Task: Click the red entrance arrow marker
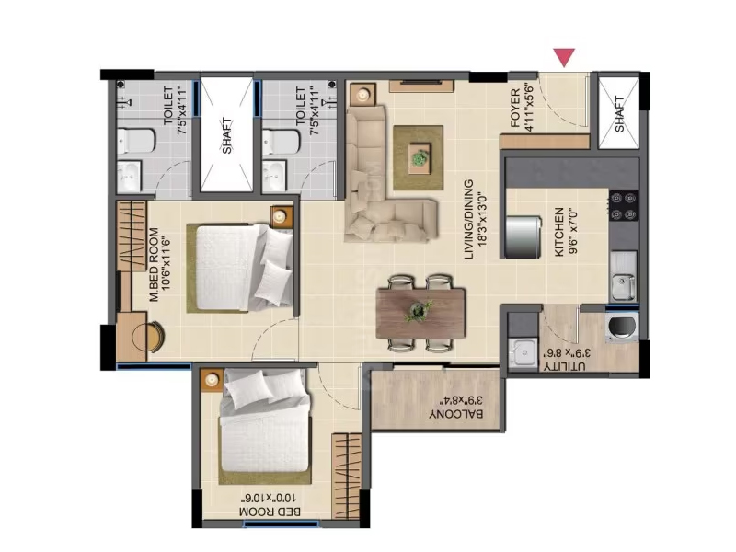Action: pos(564,57)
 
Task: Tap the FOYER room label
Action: pos(515,109)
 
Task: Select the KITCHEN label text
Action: pos(559,233)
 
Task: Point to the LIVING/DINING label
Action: pos(468,220)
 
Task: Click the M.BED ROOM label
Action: pos(154,265)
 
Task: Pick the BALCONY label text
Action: pos(455,414)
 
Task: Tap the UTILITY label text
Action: pos(565,366)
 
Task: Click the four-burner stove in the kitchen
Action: pos(624,206)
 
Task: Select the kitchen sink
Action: pos(623,284)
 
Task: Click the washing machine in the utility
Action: pos(622,327)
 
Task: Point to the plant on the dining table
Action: pos(418,311)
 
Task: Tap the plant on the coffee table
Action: pos(420,157)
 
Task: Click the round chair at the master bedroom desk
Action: pos(148,335)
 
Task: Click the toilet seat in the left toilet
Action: pos(135,142)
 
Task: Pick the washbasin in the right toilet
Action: pos(274,176)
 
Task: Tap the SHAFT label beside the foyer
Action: pos(619,114)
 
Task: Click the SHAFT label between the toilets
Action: pos(226,136)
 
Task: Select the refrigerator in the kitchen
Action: pos(523,237)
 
